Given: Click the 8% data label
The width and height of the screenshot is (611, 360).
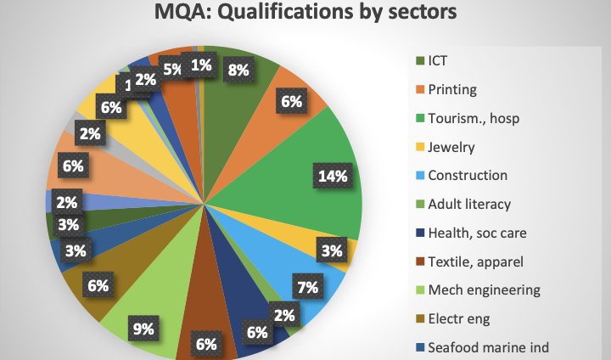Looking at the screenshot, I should [238, 70].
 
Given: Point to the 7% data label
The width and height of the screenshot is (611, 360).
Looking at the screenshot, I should [308, 287].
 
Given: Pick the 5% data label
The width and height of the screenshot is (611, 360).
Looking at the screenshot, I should [173, 69].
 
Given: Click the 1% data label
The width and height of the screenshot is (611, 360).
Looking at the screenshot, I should [202, 65].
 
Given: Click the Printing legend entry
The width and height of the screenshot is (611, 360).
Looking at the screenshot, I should [452, 89].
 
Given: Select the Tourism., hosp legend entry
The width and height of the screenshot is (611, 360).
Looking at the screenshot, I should [473, 118].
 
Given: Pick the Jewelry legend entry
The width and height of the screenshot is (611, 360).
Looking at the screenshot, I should [451, 147].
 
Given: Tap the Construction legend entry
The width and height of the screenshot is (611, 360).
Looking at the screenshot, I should [467, 175].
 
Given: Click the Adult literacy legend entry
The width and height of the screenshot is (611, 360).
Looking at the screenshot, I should [469, 204].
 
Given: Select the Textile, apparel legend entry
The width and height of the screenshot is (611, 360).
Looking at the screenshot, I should [475, 262].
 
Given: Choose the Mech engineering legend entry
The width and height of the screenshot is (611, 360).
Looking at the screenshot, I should [484, 290].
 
